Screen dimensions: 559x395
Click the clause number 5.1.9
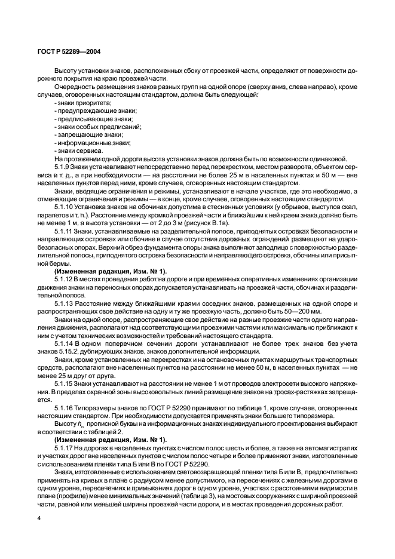63,167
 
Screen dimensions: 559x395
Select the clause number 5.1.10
65,207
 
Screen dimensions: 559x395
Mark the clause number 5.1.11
65,231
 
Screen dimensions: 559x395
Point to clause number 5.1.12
65,279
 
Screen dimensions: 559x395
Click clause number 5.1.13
65,303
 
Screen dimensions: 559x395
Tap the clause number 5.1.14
65,343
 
